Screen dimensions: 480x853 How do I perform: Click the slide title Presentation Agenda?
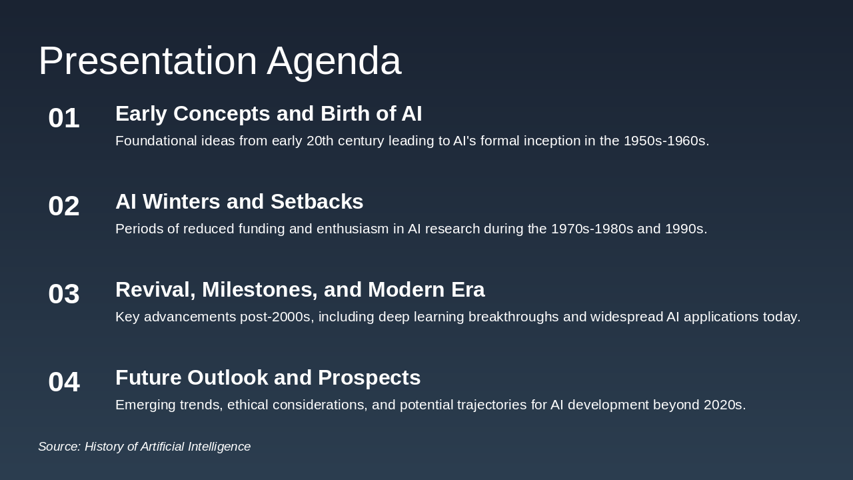click(219, 61)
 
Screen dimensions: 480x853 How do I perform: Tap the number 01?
click(64, 118)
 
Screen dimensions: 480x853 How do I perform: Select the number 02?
click(64, 206)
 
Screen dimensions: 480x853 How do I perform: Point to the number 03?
click(64, 294)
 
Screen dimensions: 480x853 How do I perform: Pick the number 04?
click(64, 382)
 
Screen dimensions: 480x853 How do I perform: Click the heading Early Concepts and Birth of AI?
click(269, 114)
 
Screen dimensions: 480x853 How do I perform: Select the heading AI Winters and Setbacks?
click(239, 202)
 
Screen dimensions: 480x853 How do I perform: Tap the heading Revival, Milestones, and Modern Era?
click(300, 290)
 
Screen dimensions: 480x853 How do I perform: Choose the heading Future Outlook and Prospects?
click(268, 378)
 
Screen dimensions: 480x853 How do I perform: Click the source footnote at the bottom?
click(144, 447)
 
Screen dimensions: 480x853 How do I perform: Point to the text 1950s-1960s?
click(664, 141)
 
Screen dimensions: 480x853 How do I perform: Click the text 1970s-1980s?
click(592, 229)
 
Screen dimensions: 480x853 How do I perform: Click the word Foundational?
click(156, 141)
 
